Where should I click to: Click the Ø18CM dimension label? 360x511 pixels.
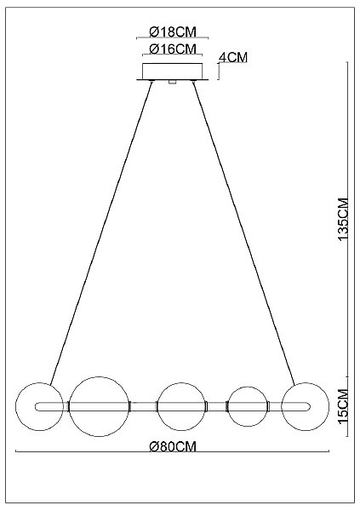click(x=173, y=32)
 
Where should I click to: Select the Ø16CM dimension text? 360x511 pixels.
click(x=173, y=49)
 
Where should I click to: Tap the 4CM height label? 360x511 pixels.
click(x=233, y=57)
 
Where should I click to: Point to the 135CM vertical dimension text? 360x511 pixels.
click(x=343, y=220)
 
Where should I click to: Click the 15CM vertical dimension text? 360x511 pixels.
click(x=343, y=408)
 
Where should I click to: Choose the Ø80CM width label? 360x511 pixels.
click(x=173, y=446)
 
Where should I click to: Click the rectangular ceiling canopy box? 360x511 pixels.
click(x=173, y=71)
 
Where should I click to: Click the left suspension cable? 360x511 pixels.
click(x=100, y=233)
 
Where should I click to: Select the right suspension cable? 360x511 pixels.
click(x=244, y=233)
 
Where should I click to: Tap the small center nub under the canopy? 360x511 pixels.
click(x=172, y=83)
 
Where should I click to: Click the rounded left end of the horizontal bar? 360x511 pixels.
click(x=35, y=407)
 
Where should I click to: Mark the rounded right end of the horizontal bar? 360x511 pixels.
click(x=310, y=407)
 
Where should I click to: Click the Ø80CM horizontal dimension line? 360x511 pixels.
click(x=173, y=452)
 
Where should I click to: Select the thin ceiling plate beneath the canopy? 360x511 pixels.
click(x=173, y=79)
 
